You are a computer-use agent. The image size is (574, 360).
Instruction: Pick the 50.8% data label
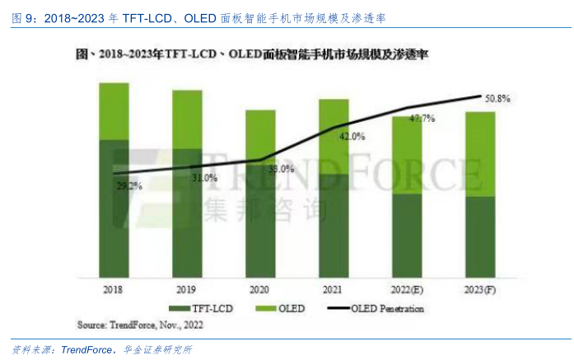[497, 99]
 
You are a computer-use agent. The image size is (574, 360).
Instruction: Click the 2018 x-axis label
[114, 291]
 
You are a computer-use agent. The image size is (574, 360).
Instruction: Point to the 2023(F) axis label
[479, 291]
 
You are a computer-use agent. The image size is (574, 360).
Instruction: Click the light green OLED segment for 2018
[114, 111]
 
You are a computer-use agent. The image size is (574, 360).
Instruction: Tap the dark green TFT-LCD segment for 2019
[187, 214]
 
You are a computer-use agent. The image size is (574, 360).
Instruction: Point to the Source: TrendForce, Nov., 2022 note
[140, 324]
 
